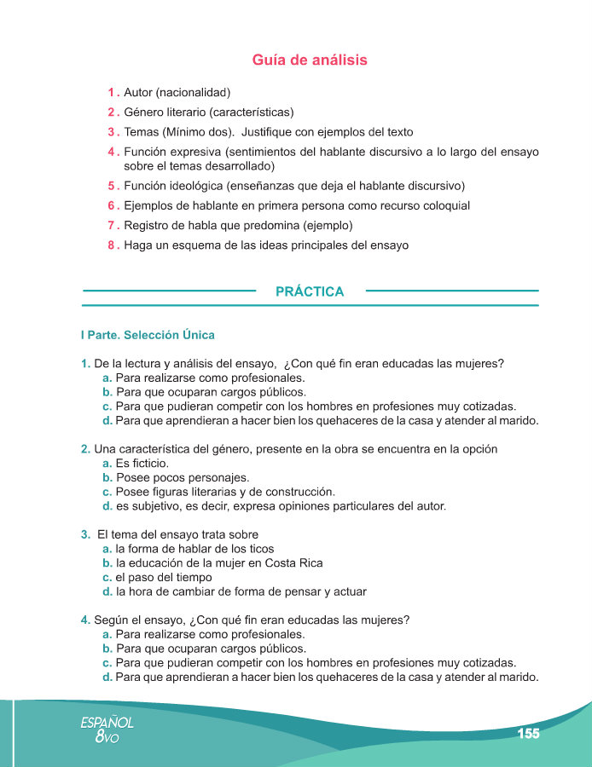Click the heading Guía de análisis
pos(310,61)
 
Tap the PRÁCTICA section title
pos(310,292)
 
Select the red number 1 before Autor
pos(111,92)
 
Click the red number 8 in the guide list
pos(111,245)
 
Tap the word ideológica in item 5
pos(197,186)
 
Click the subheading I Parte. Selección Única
pos(147,335)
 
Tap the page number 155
pos(529,734)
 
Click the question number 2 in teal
pos(85,449)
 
